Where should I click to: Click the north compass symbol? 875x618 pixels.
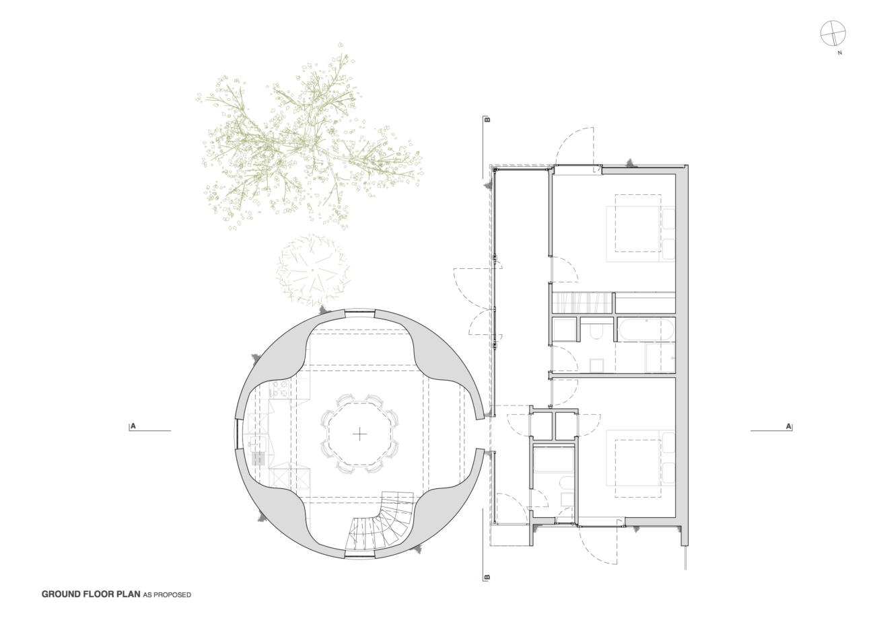pyautogui.click(x=833, y=33)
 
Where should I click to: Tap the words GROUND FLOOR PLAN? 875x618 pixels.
pyautogui.click(x=91, y=594)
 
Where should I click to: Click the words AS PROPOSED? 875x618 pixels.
pyautogui.click(x=167, y=595)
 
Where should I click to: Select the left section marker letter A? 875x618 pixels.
pyautogui.click(x=133, y=426)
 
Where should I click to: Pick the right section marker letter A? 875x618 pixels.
pyautogui.click(x=789, y=426)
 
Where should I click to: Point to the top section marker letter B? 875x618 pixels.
pyautogui.click(x=487, y=120)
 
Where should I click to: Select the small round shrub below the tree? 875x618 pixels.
pyautogui.click(x=313, y=270)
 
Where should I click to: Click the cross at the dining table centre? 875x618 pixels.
pyautogui.click(x=359, y=434)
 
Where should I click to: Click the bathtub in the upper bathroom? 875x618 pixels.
pyautogui.click(x=646, y=330)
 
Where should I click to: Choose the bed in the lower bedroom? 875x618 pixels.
pyautogui.click(x=641, y=463)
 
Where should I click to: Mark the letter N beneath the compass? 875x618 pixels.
pyautogui.click(x=840, y=53)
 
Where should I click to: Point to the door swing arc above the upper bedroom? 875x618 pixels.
pyautogui.click(x=575, y=147)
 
